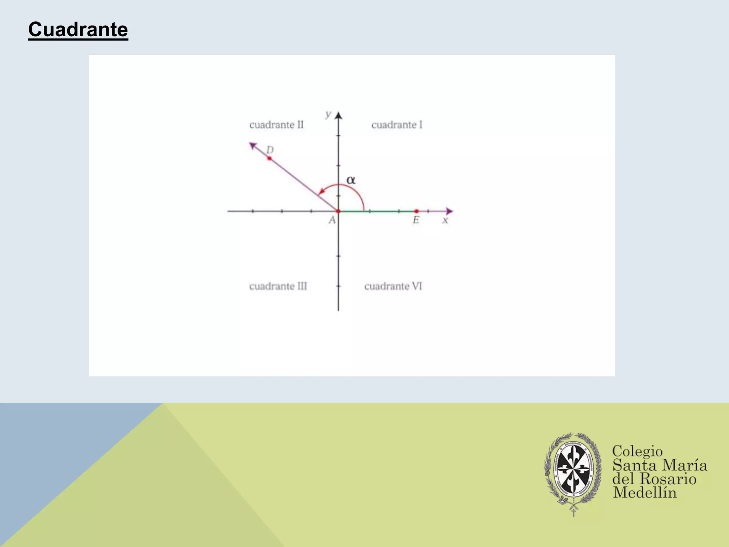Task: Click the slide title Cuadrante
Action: click(78, 29)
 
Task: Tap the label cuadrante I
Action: click(397, 125)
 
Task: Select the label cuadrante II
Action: click(276, 125)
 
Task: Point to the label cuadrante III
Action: click(278, 286)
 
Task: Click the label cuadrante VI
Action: click(393, 286)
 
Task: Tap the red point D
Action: click(269, 158)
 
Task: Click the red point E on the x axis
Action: click(416, 211)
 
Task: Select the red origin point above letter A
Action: click(338, 211)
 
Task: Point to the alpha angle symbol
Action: click(351, 180)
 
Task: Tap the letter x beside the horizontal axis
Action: click(445, 220)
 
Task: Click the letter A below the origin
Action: click(332, 220)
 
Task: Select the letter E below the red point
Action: click(416, 220)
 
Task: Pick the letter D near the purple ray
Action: click(270, 150)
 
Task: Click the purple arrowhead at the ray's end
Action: click(253, 145)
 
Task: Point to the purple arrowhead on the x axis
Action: click(449, 211)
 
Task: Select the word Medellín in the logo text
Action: click(644, 493)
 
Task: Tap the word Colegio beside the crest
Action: click(637, 451)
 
